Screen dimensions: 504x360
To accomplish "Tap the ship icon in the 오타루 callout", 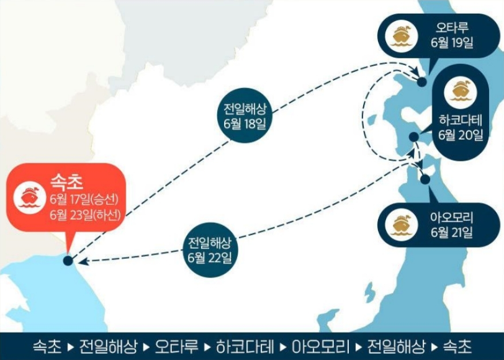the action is tap(398, 37).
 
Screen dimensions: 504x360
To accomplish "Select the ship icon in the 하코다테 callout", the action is tap(460, 91).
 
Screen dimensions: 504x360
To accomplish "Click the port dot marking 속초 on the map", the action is tap(67, 261).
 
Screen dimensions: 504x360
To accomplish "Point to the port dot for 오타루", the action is tap(422, 81).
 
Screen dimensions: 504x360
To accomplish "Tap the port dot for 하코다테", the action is tap(413, 137).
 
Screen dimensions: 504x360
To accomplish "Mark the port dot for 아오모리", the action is tap(425, 179).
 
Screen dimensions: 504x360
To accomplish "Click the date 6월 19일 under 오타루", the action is tap(452, 43).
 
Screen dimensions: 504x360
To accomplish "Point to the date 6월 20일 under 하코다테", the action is tap(460, 135).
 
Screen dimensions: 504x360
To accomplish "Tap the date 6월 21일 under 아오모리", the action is tap(452, 233).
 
